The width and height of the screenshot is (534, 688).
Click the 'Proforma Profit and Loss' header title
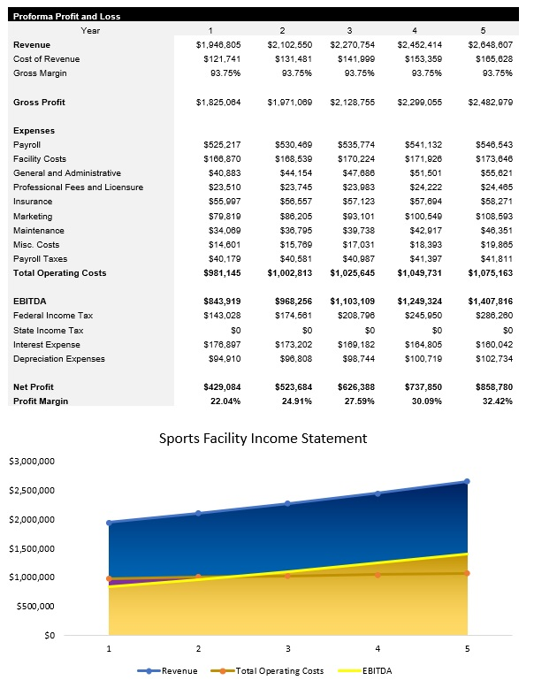pos(67,16)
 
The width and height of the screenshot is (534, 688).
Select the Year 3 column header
pos(349,30)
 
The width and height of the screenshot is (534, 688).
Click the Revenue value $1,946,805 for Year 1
pos(217,44)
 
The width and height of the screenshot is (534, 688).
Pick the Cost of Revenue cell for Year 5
pos(493,58)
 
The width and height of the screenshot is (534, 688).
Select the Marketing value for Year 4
pos(421,216)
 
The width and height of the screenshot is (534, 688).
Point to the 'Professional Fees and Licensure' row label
pos(78,187)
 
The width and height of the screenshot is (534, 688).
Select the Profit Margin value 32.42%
pos(494,401)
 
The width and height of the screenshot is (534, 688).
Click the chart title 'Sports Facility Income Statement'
pos(263,438)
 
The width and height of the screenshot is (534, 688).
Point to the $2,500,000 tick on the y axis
pos(32,490)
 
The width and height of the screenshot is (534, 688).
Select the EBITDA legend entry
pos(364,671)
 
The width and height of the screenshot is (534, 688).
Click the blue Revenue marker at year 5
pos(467,482)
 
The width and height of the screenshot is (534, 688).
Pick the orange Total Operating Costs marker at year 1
pos(109,578)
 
